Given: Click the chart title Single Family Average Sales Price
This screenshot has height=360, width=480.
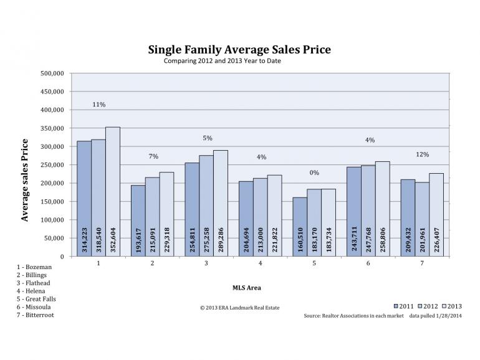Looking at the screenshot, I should (239, 49).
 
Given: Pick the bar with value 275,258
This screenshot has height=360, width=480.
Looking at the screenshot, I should (206, 206).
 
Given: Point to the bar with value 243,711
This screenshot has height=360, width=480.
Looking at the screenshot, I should (354, 212).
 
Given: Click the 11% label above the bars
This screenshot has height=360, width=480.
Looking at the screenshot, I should (98, 105).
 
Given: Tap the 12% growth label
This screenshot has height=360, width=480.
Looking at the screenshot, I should (422, 154).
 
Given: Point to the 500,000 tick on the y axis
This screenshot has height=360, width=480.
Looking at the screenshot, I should (52, 73).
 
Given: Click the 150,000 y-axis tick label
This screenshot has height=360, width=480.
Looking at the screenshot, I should (52, 202).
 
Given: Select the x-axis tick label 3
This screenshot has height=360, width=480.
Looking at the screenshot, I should (207, 264).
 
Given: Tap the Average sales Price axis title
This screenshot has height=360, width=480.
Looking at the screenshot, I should (26, 180).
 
